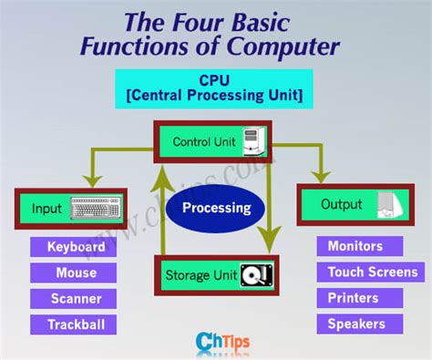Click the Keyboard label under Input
pos(76,247)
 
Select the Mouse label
pos(76,273)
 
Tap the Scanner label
pos(76,298)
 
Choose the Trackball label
pos(76,324)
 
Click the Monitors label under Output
pos(355,246)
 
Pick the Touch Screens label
pos(372,272)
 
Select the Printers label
pos(355,298)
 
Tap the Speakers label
pos(355,324)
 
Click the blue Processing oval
pos(216,208)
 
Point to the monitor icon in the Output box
pos(387,205)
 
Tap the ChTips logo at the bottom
pos(216,342)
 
